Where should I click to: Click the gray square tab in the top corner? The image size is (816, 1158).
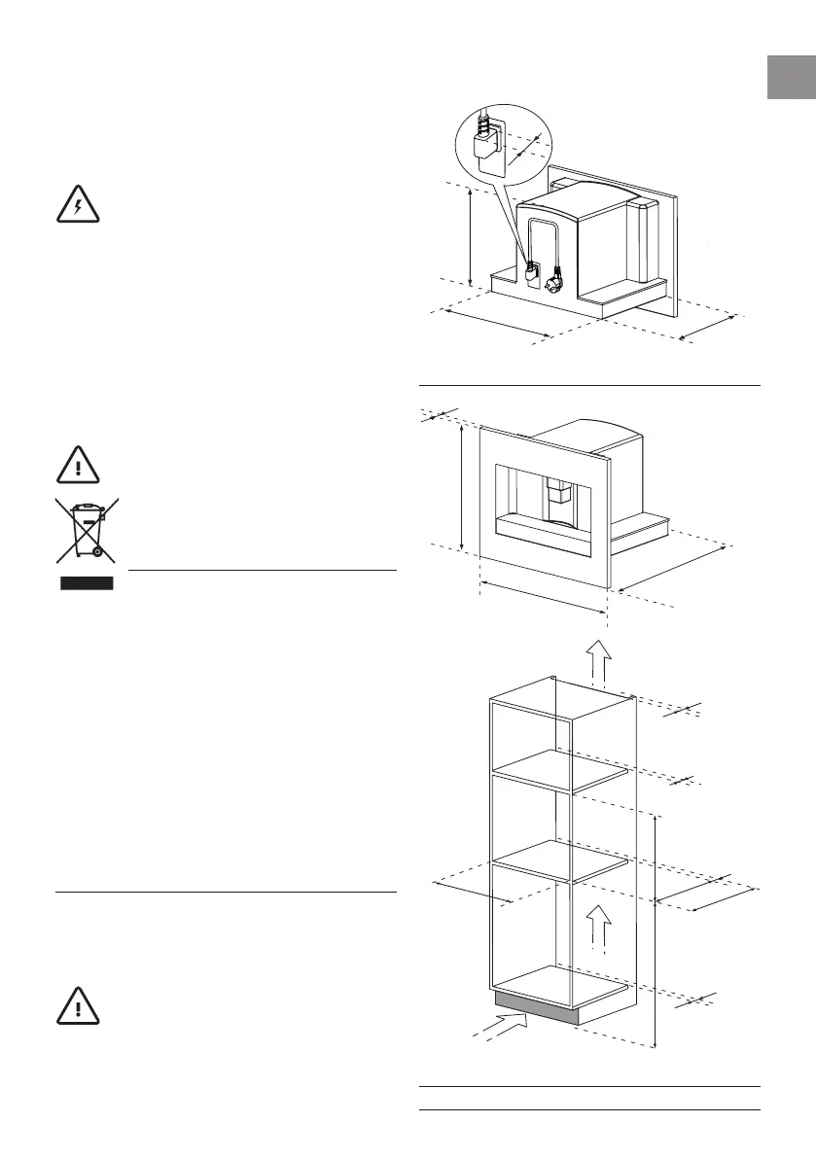791,76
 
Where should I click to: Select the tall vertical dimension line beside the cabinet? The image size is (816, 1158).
656,933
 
